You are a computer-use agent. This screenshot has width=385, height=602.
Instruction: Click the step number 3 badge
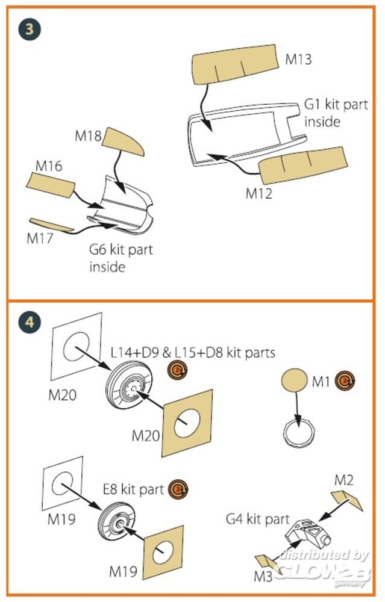30,28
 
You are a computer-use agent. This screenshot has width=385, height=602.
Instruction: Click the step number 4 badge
30,322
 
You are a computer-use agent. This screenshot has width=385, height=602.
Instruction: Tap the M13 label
299,59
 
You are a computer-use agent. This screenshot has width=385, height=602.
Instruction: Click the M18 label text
88,136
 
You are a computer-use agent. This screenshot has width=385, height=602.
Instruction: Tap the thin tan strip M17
52,225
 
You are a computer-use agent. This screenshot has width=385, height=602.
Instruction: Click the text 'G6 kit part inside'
121,257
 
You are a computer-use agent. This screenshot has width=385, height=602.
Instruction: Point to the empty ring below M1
299,432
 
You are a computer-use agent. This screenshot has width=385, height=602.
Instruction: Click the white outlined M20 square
77,349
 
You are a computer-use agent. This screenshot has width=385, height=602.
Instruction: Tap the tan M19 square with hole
163,550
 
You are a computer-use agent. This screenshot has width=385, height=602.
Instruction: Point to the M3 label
263,576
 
